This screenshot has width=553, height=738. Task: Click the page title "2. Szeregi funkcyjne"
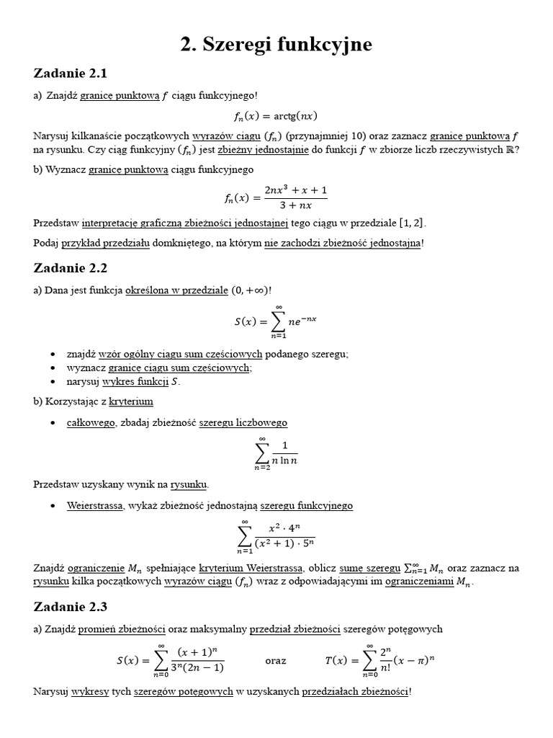pos(276,45)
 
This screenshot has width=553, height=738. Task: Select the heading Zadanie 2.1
pos(70,73)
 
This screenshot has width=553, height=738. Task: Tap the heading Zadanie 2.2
pos(70,267)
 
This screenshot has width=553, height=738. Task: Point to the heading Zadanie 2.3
pos(70,607)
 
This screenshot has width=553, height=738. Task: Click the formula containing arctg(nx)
pos(276,115)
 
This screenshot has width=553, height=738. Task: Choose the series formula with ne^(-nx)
pos(276,322)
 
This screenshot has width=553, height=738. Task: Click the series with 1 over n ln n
pos(276,455)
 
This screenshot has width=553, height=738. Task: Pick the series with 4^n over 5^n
pos(276,537)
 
